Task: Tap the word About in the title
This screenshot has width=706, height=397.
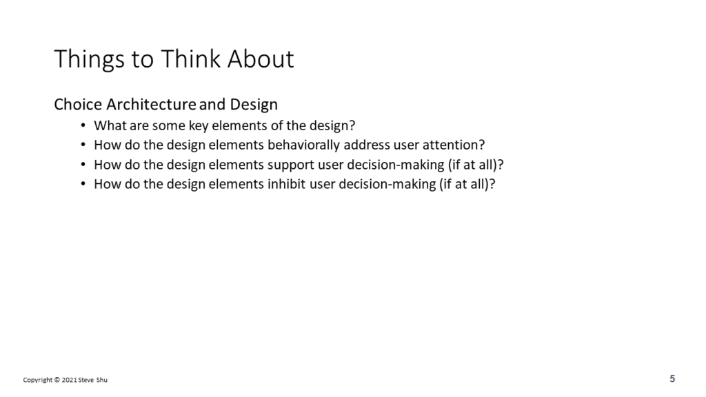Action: pos(260,59)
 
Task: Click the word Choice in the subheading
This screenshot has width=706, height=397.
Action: pos(78,105)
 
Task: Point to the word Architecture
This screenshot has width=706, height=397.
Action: pos(151,105)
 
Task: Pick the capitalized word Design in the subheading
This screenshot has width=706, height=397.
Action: pos(254,105)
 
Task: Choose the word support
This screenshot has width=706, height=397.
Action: pos(290,165)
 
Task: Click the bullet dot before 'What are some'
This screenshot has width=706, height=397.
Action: pos(83,125)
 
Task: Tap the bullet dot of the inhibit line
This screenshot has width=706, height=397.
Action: pos(83,184)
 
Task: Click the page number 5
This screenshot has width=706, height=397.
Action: pos(672,378)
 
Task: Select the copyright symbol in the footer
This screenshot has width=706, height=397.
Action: pos(57,380)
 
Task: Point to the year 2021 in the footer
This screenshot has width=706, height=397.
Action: pos(69,380)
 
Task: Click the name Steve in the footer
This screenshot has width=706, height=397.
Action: pos(86,380)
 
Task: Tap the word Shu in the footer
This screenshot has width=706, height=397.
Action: pos(102,380)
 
